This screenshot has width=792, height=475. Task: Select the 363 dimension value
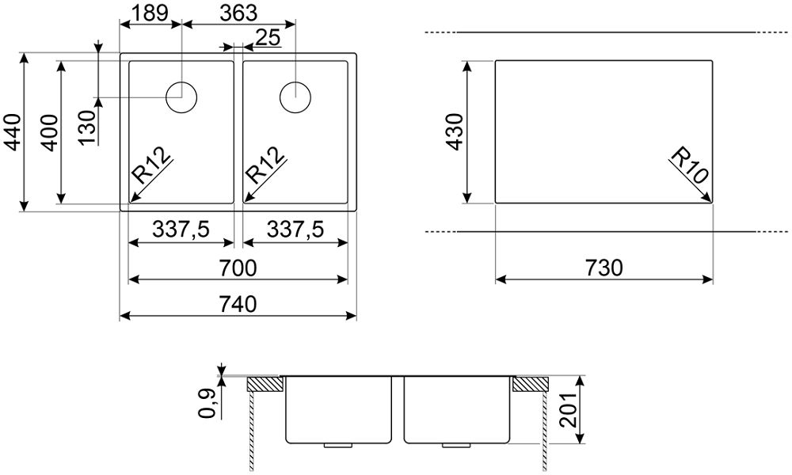coord(238,13)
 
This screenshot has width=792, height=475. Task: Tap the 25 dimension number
coord(268,37)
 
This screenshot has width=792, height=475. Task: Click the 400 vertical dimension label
coord(49,132)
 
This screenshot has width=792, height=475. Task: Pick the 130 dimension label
coord(86,127)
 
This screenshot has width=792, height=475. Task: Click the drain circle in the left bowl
coord(182,97)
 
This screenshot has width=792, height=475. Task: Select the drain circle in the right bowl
coord(295,97)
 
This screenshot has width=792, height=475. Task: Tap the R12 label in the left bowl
coord(150,165)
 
